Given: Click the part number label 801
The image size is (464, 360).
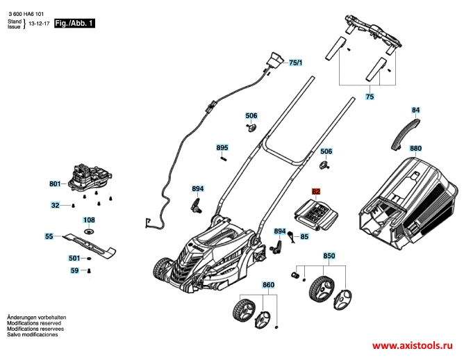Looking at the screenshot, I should pos(55,184).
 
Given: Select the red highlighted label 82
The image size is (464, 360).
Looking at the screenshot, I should pos(316,191).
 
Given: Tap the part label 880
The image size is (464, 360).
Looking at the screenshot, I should pos(415,149).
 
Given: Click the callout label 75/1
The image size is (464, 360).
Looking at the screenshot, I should pos(297,63).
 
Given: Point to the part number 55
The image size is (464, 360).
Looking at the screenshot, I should pos(49,236).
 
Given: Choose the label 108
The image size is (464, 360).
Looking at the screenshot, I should pos(90,220).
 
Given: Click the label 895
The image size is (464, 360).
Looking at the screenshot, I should pos(222,148).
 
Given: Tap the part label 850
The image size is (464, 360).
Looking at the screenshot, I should pos(329,256).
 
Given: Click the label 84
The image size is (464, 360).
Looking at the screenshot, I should pos(415,110).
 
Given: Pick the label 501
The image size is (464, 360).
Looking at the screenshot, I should pos(74,258).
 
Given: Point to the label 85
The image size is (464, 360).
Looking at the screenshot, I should pos(304,237).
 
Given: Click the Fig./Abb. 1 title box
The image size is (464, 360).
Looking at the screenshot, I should pos(73,23).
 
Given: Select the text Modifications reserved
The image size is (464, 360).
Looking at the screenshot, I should pos(35,323).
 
